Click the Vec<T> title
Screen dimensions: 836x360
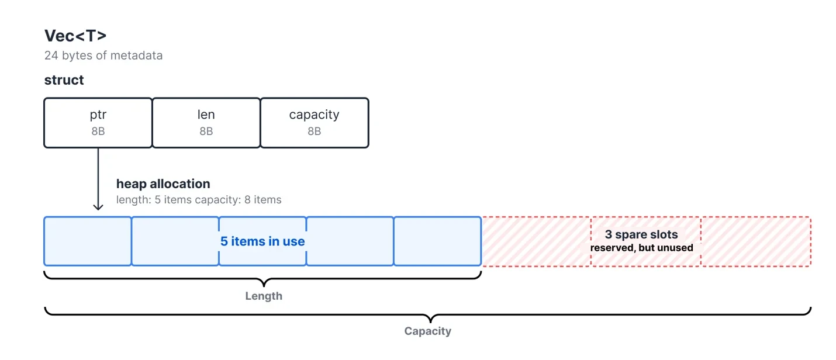pos(75,36)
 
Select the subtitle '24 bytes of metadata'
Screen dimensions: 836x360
pos(103,56)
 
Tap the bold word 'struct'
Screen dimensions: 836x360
pos(64,80)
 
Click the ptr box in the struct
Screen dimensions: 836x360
pos(98,123)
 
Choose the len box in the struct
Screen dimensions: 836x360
pos(206,123)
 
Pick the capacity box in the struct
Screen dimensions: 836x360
pos(315,123)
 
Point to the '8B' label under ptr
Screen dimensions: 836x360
pos(98,131)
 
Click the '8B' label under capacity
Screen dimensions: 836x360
pos(315,131)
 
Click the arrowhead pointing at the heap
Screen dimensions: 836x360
pos(98,207)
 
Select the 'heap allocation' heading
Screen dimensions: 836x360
pos(163,184)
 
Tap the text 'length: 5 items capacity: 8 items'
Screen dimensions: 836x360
pos(199,200)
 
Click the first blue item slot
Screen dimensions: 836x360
pos(88,241)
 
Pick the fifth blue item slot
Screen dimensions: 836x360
pos(437,241)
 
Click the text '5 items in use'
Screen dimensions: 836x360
pos(262,241)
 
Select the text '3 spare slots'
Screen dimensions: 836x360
pos(641,234)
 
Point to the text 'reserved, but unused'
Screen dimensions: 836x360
pos(641,248)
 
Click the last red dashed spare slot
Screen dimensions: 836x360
pos(756,241)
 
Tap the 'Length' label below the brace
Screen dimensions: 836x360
pos(264,296)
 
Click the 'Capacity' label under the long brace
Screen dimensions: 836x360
pos(428,331)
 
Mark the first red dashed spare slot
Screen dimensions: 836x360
pos(536,241)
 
